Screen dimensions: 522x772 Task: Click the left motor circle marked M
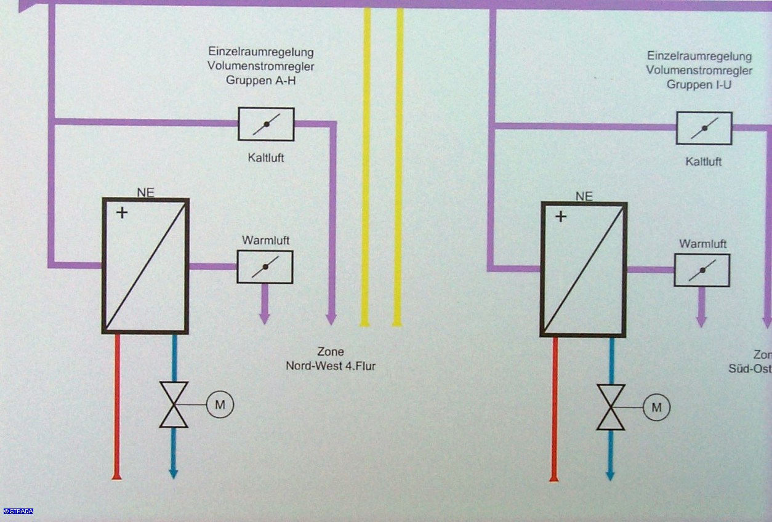[220, 404]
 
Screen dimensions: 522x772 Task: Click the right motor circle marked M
[656, 407]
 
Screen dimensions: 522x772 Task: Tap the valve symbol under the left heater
[174, 404]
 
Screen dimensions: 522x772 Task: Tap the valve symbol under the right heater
[611, 407]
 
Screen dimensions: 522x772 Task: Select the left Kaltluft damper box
[266, 124]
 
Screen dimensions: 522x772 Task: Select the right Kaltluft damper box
[704, 128]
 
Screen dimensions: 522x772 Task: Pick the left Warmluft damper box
[265, 267]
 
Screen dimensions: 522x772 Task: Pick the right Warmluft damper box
[702, 270]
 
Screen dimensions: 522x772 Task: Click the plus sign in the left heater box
[123, 213]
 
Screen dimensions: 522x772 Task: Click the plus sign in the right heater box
[560, 217]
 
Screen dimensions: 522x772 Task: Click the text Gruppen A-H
[261, 80]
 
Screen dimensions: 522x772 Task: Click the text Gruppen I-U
[699, 84]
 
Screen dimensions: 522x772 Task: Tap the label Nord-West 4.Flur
[331, 366]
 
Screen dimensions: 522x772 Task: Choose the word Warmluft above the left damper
[265, 240]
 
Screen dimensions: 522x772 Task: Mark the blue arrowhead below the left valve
[174, 474]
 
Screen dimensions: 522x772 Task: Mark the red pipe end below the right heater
[554, 477]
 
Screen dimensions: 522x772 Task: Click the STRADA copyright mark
[18, 511]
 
